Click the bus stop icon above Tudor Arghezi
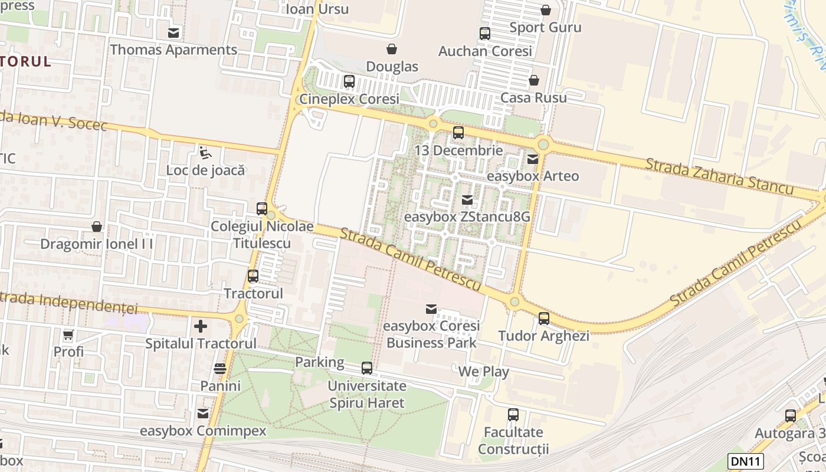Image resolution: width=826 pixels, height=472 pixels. point(543,319)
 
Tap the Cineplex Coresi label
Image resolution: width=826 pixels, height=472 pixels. point(349,99)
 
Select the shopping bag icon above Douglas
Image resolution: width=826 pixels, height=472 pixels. point(391,49)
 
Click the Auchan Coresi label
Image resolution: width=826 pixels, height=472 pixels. point(485,51)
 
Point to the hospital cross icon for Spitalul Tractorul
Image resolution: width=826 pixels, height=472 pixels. point(201,326)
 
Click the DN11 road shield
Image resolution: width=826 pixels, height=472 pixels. point(746,461)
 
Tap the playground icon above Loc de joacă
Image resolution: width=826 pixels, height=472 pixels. point(205,153)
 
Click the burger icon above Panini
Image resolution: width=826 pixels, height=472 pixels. point(220,369)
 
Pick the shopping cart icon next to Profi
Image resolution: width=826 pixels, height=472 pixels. point(68,335)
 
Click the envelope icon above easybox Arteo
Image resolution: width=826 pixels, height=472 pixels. point(533,159)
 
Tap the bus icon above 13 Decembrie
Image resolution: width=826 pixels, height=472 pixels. point(458,133)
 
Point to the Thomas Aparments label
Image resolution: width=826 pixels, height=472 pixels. point(173,50)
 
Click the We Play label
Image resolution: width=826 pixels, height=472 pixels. point(483,372)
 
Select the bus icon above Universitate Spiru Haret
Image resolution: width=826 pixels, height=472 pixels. point(367,368)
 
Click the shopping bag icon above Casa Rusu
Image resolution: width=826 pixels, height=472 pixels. point(534,80)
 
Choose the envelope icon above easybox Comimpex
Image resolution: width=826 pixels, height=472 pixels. point(203,414)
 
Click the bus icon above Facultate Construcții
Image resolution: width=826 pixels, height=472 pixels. point(513,415)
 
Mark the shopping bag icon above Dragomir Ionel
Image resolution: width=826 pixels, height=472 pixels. point(97,227)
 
